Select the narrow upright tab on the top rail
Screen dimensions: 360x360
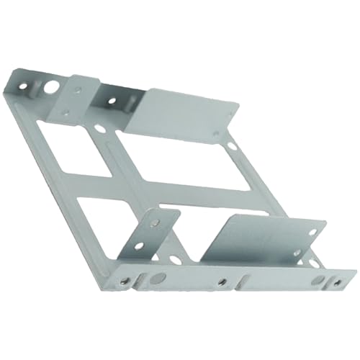pos(77,96)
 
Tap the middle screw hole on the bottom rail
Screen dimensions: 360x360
pos(223,282)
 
